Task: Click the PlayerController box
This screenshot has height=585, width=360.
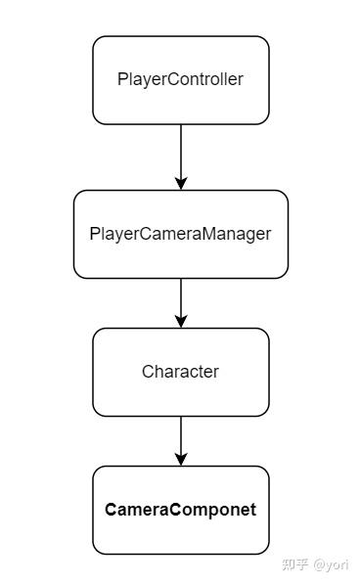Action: tap(180, 80)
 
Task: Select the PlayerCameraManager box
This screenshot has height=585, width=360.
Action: tap(180, 234)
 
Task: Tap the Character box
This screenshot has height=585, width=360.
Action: tap(180, 372)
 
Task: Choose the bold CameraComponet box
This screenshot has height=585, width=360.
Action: tap(180, 510)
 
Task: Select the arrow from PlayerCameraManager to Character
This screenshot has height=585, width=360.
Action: tap(181, 300)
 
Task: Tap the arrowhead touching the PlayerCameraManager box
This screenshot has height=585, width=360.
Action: tap(181, 183)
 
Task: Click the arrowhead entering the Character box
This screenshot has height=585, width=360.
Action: tap(181, 321)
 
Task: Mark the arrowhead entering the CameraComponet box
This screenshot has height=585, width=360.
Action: tap(181, 459)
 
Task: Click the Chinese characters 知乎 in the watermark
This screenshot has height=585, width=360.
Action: tap(294, 564)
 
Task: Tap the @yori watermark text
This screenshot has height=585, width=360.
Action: tap(332, 564)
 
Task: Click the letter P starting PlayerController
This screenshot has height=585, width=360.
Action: tap(121, 80)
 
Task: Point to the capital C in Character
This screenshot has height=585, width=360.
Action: tap(148, 372)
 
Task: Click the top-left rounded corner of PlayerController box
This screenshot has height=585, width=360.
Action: tap(97, 41)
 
